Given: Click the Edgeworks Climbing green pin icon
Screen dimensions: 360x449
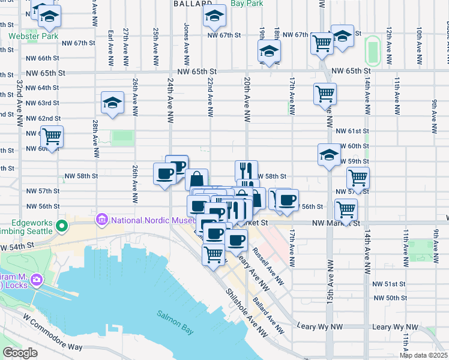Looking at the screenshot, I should coord(61,226).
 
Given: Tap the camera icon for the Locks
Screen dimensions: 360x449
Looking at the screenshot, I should coord(36,280).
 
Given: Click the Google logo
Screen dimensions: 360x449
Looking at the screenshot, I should coord(20,353).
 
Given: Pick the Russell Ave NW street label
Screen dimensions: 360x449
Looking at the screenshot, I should coord(268,266).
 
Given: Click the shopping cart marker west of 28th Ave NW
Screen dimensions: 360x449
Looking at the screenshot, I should coord(52,137).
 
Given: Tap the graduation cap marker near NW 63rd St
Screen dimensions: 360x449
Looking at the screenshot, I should coord(112,103).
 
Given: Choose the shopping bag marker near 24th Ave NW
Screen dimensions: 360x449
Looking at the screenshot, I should coord(197,179).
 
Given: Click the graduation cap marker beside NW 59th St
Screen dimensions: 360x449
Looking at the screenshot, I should coord(329,154).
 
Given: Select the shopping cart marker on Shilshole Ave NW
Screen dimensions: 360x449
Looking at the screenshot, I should coord(214,254).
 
